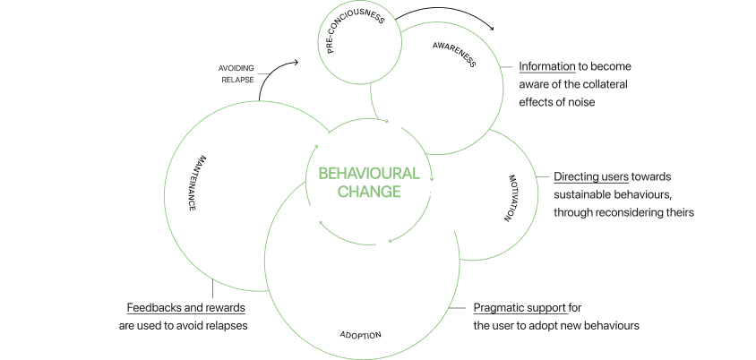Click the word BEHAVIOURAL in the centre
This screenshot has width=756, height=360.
[x=368, y=173]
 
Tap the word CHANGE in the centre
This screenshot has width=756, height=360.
[x=368, y=191]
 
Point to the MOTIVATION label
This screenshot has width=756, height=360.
[x=511, y=199]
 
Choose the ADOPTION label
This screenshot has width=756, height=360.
[x=360, y=335]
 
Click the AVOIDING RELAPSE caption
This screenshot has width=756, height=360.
[x=236, y=73]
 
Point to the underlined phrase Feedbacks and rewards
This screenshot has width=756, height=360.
[x=185, y=308]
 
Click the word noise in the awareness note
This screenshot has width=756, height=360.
[x=580, y=102]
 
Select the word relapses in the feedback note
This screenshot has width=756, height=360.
[x=223, y=325]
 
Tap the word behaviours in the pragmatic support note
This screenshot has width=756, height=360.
[x=614, y=325]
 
